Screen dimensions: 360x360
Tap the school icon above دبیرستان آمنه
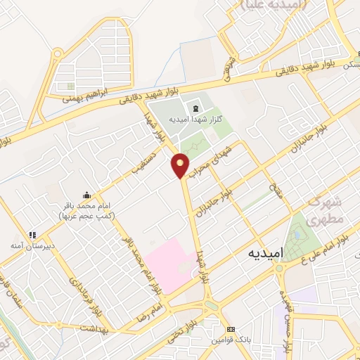(32, 236)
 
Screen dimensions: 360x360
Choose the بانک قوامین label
(229, 341)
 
